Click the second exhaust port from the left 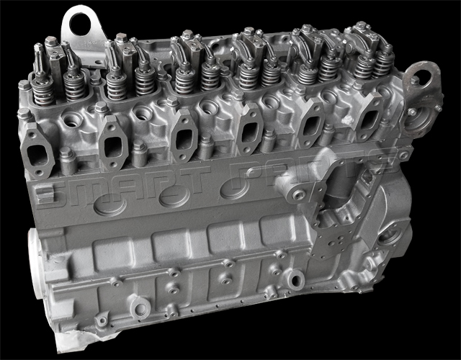pos(112,138)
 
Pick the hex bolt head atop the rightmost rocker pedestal pos(358,27)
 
